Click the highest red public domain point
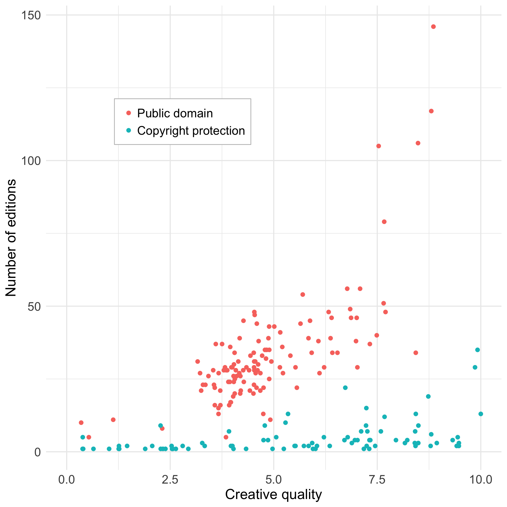[x=433, y=27]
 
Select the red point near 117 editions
[x=431, y=111]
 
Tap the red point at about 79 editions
[x=384, y=222]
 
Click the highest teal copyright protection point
[x=477, y=350]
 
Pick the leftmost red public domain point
[x=81, y=422]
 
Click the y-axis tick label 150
[x=31, y=15]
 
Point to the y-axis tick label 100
[x=31, y=161]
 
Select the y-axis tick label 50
[x=34, y=307]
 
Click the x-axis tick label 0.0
[x=67, y=479]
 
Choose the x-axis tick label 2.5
[x=170, y=479]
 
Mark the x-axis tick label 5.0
[x=274, y=479]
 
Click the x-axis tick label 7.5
[x=377, y=479]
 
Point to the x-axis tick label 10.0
[x=480, y=479]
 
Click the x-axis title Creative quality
[x=274, y=495]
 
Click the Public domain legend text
[x=175, y=113]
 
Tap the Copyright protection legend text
[x=191, y=131]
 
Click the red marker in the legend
[x=129, y=113]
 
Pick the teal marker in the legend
[x=129, y=130]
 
